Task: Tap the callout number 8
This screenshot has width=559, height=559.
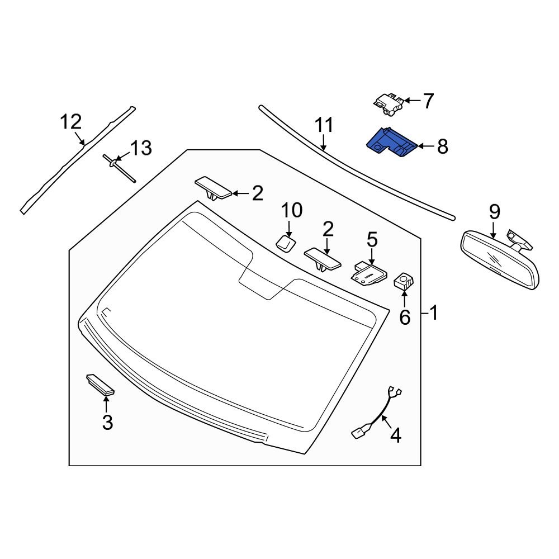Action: (442, 147)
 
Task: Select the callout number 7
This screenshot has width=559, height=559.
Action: (428, 101)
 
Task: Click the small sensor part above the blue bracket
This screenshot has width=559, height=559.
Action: (388, 104)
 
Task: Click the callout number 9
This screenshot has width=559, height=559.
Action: (494, 212)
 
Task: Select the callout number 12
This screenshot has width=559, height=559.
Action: (72, 121)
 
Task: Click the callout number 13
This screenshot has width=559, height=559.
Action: (141, 148)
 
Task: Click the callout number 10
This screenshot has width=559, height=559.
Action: (291, 211)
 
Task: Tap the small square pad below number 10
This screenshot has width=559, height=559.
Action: (286, 243)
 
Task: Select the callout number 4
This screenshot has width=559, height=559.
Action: (395, 435)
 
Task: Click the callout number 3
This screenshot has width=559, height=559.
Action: (107, 422)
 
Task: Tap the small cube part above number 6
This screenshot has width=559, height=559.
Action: (404, 281)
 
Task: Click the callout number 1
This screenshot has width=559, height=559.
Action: (434, 313)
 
